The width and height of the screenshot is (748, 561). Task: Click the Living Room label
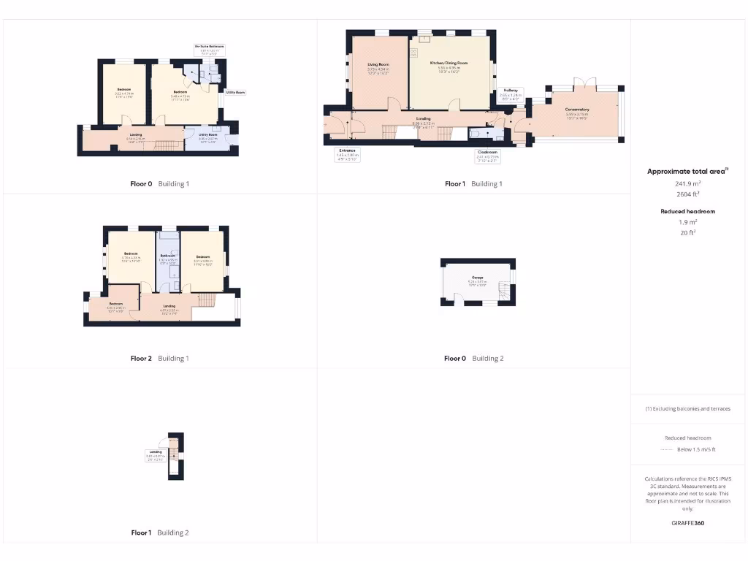[377, 65]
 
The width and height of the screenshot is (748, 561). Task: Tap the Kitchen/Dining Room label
[449, 64]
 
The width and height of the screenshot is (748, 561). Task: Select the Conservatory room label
[576, 110]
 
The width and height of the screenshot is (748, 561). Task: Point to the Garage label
[478, 278]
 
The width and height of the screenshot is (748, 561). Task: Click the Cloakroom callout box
[487, 154]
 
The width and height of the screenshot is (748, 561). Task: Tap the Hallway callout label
[511, 93]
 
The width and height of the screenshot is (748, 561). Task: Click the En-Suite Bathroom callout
[209, 49]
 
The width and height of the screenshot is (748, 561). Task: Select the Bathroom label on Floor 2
[168, 255]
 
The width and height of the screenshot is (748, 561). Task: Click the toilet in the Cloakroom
[476, 134]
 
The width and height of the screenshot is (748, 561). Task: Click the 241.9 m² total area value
[688, 184]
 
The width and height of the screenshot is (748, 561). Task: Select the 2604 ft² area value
[688, 194]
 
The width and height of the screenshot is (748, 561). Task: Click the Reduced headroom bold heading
[688, 211]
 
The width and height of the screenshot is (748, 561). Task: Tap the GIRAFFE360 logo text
[688, 523]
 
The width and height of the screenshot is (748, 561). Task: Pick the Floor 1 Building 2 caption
[160, 533]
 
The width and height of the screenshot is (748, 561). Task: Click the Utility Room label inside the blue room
[208, 134]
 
